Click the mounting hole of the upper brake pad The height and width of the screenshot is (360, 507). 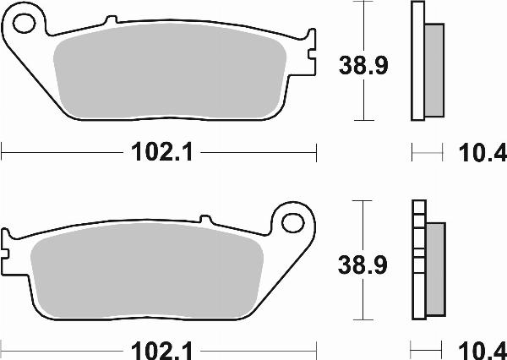click(25, 23)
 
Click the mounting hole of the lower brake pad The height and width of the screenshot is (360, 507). click(292, 223)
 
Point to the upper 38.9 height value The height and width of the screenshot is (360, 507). click(363, 64)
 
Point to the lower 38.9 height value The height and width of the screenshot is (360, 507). click(363, 266)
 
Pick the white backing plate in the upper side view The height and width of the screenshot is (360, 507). click(417, 61)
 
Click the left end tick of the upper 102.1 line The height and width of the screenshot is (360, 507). click(3, 152)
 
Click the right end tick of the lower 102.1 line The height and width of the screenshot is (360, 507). click(316, 347)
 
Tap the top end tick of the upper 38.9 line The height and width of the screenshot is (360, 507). click(363, 3)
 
